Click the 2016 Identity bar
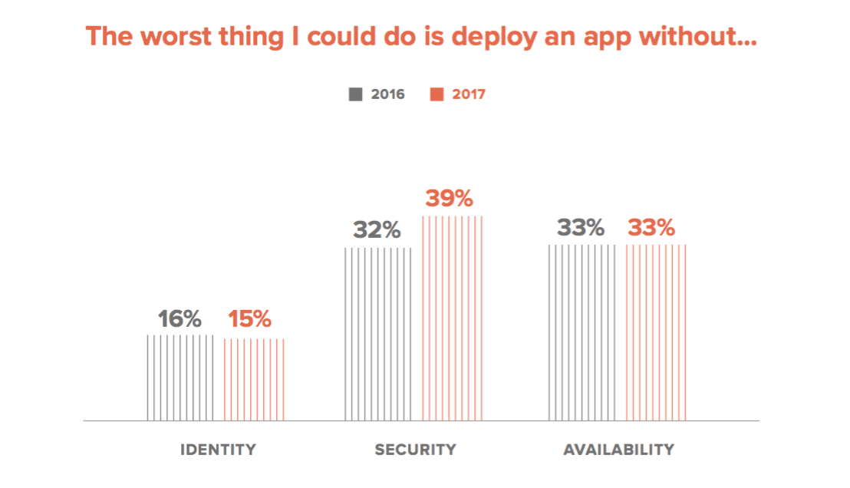click(180, 378)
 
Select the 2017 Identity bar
click(254, 380)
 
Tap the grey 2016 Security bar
click(378, 334)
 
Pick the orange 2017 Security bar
click(453, 318)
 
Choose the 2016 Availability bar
click(582, 332)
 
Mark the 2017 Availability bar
click(657, 332)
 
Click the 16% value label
click(180, 318)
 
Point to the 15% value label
click(249, 318)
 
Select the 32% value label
click(377, 230)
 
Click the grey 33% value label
click(581, 228)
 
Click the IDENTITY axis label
click(218, 450)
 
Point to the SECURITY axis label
click(415, 450)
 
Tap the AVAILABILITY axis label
click(618, 450)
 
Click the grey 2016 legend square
click(356, 94)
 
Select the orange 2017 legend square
click(437, 94)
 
